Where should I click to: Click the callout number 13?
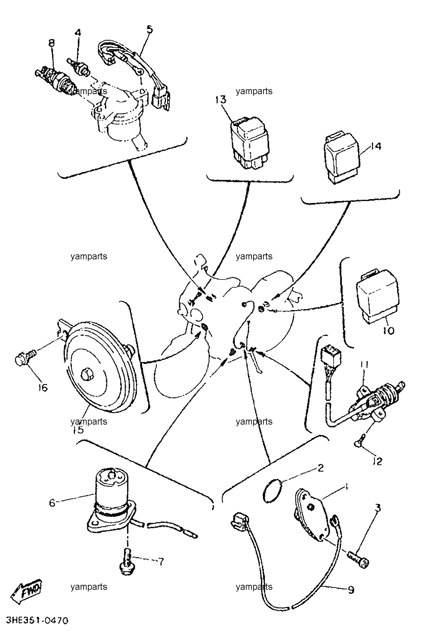221,99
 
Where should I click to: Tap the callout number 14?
375,146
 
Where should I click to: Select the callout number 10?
389,330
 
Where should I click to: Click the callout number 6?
52,503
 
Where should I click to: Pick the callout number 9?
351,589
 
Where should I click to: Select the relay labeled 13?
249,142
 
